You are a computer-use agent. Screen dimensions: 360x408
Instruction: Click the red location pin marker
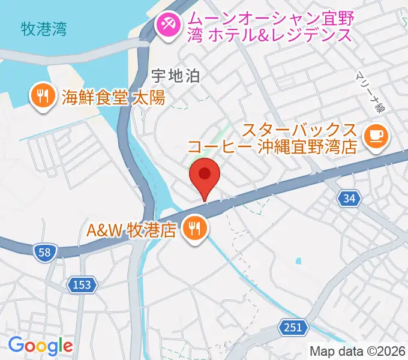[204, 175]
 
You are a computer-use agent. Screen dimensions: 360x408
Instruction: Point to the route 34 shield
[349, 199]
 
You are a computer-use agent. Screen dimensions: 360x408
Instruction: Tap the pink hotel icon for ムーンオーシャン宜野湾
[166, 25]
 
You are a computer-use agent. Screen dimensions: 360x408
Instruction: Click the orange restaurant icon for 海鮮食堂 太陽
[41, 96]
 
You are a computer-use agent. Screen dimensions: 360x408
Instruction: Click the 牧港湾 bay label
[43, 28]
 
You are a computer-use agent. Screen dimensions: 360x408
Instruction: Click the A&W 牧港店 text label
[131, 230]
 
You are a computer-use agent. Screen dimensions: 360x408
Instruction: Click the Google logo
[40, 346]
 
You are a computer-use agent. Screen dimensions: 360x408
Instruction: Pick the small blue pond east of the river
[298, 261]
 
